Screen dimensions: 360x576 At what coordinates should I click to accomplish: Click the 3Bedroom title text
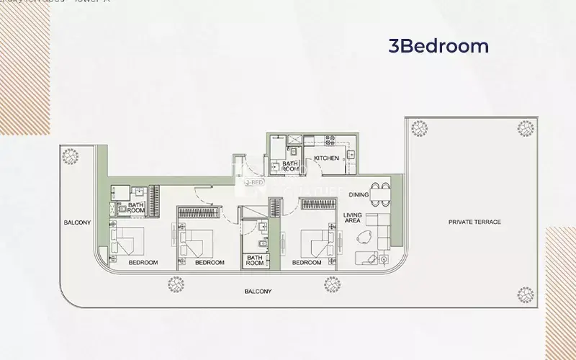click(438, 47)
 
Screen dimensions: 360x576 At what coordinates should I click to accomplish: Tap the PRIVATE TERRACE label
click(474, 222)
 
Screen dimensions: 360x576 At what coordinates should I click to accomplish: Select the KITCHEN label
click(325, 158)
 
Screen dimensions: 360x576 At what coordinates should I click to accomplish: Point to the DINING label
click(359, 195)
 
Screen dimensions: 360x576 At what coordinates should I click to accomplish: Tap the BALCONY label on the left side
click(76, 222)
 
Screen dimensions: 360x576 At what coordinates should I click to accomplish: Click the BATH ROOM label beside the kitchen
click(290, 167)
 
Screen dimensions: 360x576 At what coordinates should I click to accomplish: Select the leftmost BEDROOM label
click(143, 263)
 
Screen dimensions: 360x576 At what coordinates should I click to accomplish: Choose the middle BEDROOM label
click(210, 263)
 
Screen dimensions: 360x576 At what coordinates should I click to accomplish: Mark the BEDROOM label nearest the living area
click(307, 263)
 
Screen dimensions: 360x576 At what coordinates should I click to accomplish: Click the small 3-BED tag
click(253, 183)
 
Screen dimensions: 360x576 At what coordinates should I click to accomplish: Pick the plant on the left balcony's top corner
click(71, 156)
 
